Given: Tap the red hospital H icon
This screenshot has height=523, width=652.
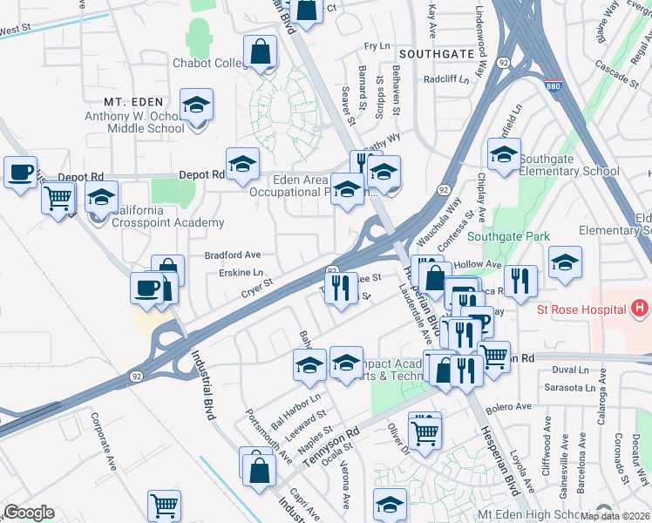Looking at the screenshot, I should pyautogui.click(x=641, y=309).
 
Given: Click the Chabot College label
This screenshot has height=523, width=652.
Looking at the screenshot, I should pyautogui.click(x=209, y=64).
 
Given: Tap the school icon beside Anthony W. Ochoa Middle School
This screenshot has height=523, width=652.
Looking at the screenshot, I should pyautogui.click(x=197, y=106).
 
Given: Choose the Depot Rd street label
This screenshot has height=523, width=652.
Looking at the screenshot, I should pyautogui.click(x=201, y=174).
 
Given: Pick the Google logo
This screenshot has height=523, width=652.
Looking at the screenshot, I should pyautogui.click(x=29, y=513).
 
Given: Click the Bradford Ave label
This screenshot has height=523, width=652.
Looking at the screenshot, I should pyautogui.click(x=233, y=255).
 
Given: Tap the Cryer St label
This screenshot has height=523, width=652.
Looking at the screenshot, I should pyautogui.click(x=257, y=287).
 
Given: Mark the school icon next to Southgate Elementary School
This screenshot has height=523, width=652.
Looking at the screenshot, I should pyautogui.click(x=504, y=154).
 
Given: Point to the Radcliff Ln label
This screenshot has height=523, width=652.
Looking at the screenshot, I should pyautogui.click(x=447, y=79).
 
